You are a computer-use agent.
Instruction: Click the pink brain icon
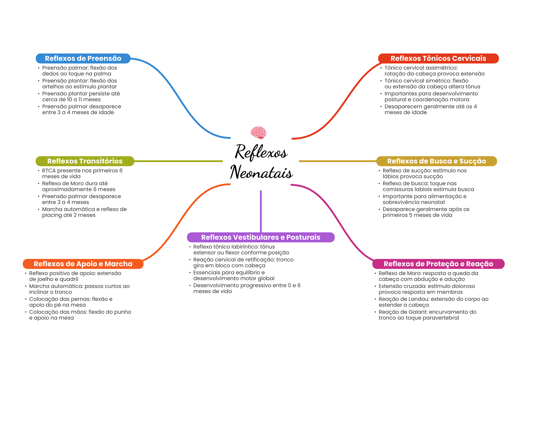(x=258, y=133)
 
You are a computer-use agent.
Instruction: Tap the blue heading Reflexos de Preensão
(x=83, y=58)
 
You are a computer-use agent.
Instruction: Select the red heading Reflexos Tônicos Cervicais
(x=438, y=58)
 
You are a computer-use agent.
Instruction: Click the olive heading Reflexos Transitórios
(x=85, y=161)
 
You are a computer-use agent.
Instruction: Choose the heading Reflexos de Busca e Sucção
(x=436, y=161)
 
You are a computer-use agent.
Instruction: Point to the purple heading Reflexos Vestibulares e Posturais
(x=261, y=237)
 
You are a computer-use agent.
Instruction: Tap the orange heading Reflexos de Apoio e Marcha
(x=83, y=264)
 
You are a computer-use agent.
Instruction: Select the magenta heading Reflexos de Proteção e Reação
(x=438, y=264)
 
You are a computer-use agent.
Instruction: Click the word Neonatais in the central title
(x=261, y=172)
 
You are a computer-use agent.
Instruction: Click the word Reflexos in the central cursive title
(x=261, y=152)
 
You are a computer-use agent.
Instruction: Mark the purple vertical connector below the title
(x=261, y=211)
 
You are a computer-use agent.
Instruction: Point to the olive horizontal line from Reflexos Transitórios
(x=178, y=161)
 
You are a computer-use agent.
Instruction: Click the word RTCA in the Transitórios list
(x=49, y=171)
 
